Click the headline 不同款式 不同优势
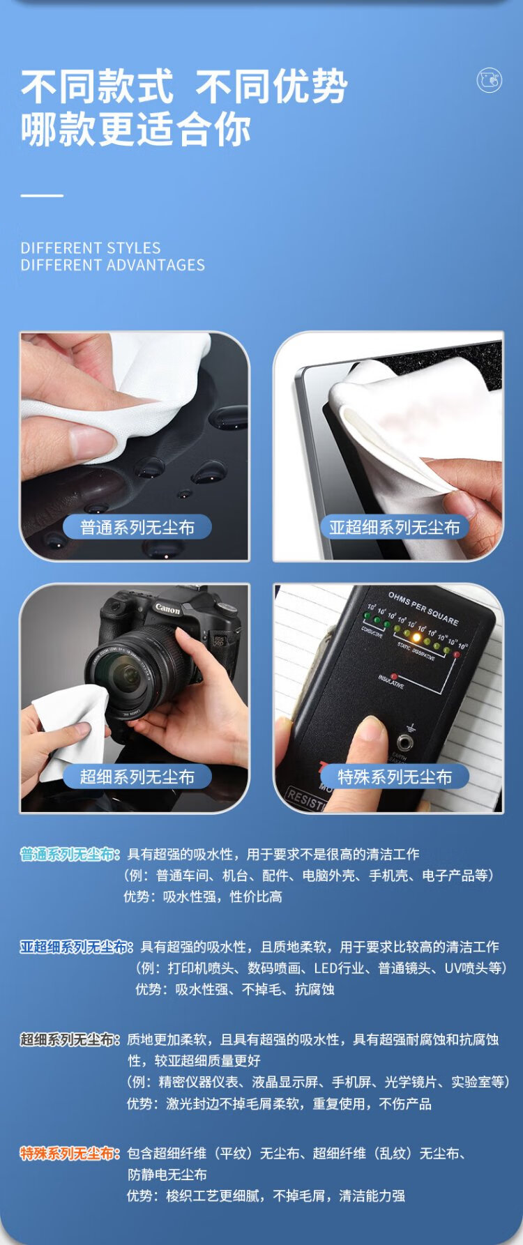184,86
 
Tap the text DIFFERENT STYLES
91,248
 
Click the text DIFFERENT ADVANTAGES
113,265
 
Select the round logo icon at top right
489,80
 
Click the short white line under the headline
42,196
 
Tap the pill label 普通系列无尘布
137,528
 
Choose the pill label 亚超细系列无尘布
395,528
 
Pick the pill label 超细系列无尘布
137,777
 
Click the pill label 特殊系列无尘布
395,777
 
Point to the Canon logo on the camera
167,609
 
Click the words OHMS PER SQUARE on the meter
423,608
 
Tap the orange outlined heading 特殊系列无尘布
70,1154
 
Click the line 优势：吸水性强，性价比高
203,896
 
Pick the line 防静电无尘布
167,1175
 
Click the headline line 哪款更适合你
135,130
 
